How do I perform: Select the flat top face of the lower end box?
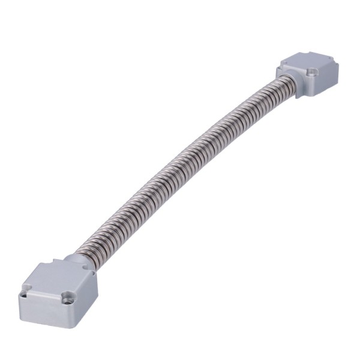tap(55, 280)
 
